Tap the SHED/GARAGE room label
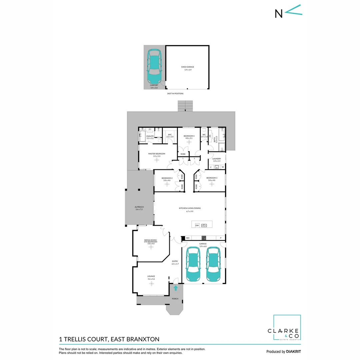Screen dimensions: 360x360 [x=187, y=67]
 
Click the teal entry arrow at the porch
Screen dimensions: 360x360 [x=176, y=288]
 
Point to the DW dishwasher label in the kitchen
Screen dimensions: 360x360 [x=197, y=225]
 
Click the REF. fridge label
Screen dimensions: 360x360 [x=188, y=238]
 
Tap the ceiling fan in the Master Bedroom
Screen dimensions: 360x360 [x=157, y=160]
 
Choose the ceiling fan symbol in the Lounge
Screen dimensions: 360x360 [x=151, y=283]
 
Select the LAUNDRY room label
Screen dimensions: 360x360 [x=217, y=159]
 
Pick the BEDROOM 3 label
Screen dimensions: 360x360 [x=211, y=178]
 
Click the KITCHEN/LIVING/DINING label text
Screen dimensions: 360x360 [x=190, y=208]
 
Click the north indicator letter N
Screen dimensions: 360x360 [x=278, y=13]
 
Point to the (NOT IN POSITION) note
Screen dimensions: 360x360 [x=175, y=94]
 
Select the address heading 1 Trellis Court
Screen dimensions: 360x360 [x=109, y=339]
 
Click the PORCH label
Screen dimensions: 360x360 [x=175, y=299]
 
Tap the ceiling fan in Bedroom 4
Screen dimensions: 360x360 [x=189, y=142]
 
